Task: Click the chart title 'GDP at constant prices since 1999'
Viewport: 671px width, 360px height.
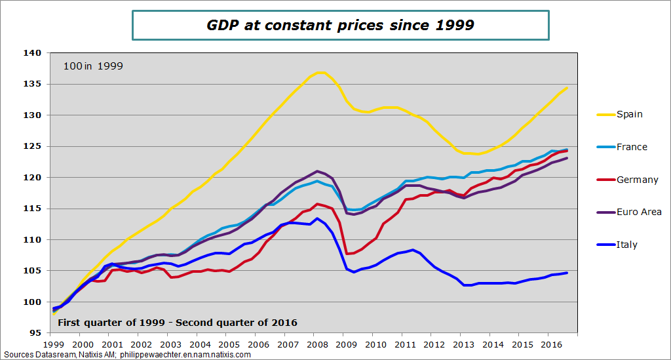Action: pyautogui.click(x=340, y=26)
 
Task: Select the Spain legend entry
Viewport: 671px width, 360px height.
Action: pyautogui.click(x=629, y=114)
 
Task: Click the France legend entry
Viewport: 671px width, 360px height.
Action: pyautogui.click(x=632, y=147)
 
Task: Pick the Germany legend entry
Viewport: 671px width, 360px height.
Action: pyautogui.click(x=637, y=180)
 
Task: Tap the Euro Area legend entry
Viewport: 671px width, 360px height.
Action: pyautogui.click(x=639, y=212)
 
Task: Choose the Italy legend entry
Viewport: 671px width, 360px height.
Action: pyautogui.click(x=626, y=245)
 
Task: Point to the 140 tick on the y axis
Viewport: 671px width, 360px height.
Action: pyautogui.click(x=33, y=52)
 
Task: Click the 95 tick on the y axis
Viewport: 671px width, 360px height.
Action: pyautogui.click(x=36, y=333)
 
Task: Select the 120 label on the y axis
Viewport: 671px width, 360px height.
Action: pyautogui.click(x=33, y=177)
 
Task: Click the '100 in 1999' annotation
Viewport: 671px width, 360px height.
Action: pyautogui.click(x=93, y=66)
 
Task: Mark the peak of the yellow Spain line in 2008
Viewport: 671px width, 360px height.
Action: pyautogui.click(x=320, y=72)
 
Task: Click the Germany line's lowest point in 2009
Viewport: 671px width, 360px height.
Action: pyautogui.click(x=348, y=254)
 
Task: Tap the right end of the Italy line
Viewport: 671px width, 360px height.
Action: pyautogui.click(x=567, y=273)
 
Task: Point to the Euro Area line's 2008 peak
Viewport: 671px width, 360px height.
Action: pyautogui.click(x=317, y=171)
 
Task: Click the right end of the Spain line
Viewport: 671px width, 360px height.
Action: pyautogui.click(x=567, y=87)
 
